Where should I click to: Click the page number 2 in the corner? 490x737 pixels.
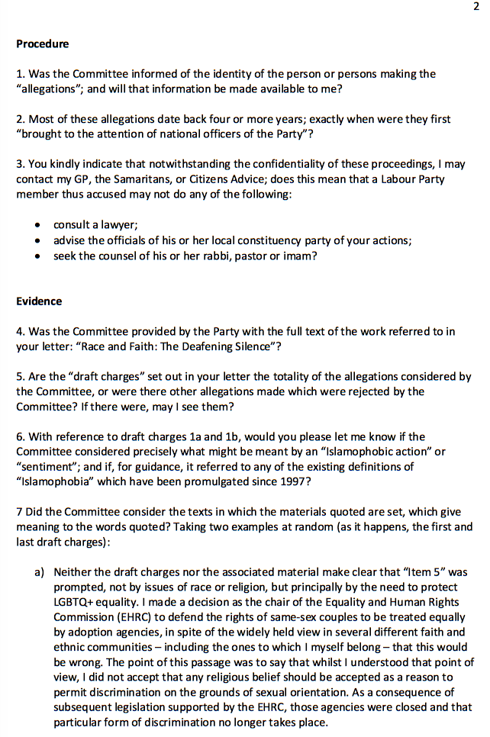[x=475, y=7]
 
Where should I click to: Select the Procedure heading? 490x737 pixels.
[x=42, y=44]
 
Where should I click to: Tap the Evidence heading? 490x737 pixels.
[x=39, y=301]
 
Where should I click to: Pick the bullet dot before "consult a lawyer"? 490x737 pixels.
[x=38, y=226]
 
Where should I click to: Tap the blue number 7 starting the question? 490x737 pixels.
[x=19, y=512]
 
